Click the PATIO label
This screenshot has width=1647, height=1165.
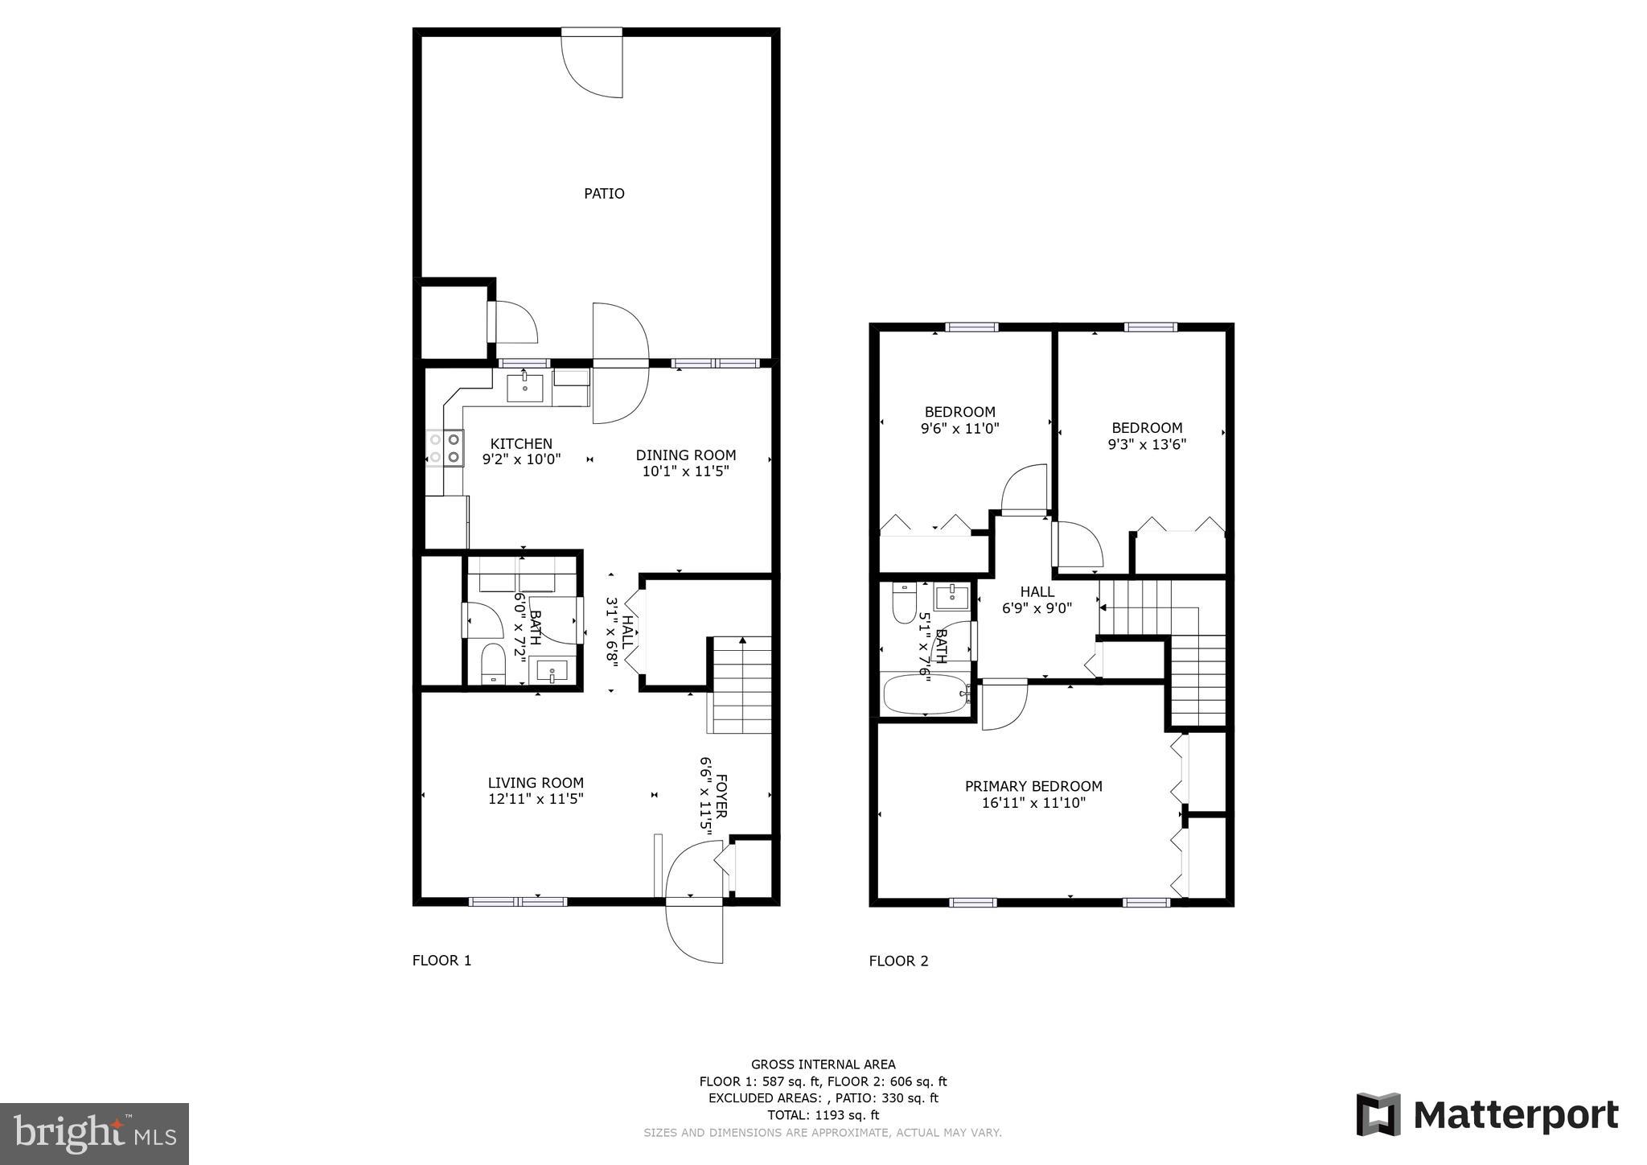tap(604, 194)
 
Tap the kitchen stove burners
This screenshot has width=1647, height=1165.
tap(445, 448)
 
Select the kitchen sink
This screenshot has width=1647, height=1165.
tap(524, 388)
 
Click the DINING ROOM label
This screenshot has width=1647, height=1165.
tap(685, 455)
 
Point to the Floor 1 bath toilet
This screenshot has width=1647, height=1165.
tap(492, 664)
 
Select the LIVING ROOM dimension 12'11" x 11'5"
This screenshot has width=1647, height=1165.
tap(535, 799)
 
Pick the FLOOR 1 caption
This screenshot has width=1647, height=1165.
tap(442, 961)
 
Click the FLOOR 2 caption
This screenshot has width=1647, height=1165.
tap(898, 961)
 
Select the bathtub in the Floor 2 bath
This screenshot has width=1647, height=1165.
tap(925, 694)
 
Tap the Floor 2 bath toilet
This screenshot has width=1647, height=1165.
tap(905, 603)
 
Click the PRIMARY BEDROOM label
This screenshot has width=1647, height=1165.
tap(1033, 786)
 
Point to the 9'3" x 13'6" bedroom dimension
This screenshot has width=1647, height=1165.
tap(1147, 444)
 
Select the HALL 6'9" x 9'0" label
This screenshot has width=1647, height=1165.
tap(1037, 600)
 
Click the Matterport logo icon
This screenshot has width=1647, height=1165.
tap(1378, 1114)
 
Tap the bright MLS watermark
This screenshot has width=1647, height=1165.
tap(95, 1134)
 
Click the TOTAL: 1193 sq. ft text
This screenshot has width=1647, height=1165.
tap(823, 1115)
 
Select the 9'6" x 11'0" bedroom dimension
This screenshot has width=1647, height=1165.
tap(959, 429)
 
